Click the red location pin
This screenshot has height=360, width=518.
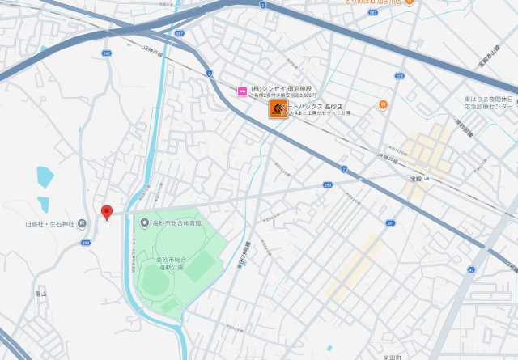click(x=106, y=212)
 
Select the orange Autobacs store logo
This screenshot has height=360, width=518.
click(x=278, y=109)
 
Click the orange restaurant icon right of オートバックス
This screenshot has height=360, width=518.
click(x=382, y=104)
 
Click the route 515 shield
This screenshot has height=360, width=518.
click(x=399, y=75)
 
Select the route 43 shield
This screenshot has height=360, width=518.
click(x=471, y=269)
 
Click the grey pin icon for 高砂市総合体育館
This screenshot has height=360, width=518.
click(x=145, y=222)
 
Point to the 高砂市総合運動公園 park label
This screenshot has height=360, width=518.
click(x=171, y=263)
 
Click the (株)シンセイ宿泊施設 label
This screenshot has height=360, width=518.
click(x=281, y=88)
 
